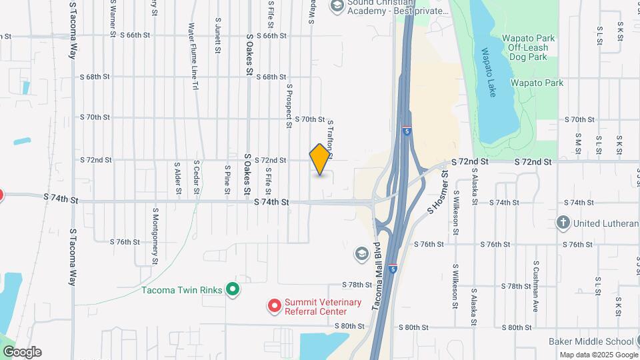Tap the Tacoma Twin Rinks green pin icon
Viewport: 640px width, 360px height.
[233, 289]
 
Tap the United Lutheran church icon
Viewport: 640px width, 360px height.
[563, 223]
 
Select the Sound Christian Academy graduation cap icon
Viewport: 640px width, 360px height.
[337, 6]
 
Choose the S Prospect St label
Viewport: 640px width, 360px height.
[289, 105]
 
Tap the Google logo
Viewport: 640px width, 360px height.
[22, 352]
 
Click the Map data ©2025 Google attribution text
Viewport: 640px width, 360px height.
[598, 355]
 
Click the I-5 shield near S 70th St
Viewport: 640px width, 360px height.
[406, 132]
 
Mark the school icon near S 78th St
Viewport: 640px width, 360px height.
[361, 254]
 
